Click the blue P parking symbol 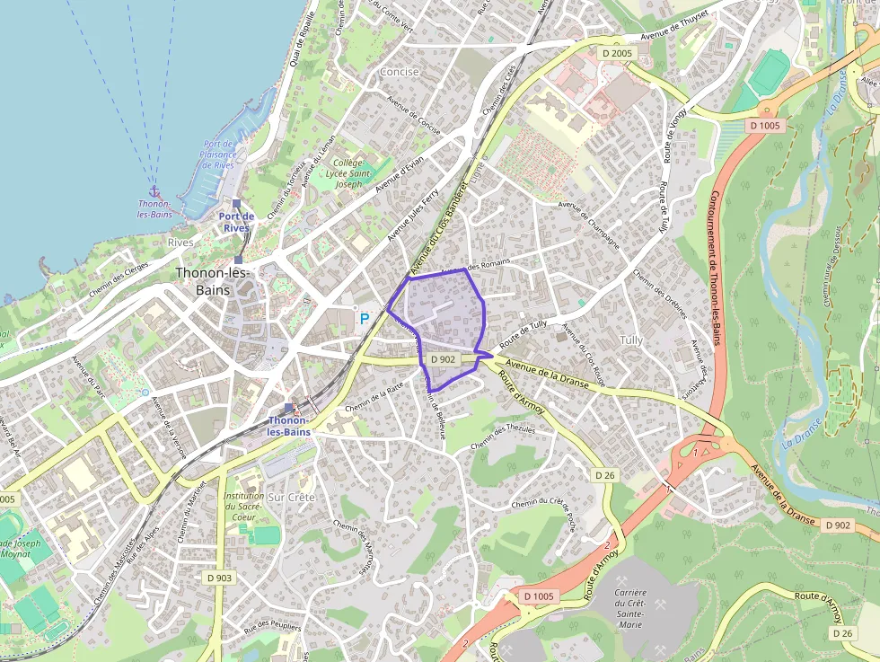(365, 318)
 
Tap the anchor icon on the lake (154, 191)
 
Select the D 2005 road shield (618, 54)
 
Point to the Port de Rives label (236, 221)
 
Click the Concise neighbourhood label (400, 72)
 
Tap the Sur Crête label (292, 497)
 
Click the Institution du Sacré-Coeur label (244, 507)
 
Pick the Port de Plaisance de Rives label (218, 154)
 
